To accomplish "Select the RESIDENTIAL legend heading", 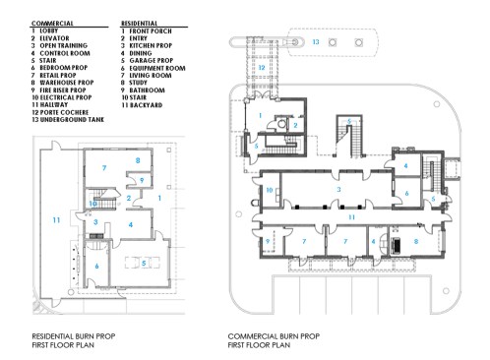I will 142,21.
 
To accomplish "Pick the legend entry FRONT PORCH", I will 150,28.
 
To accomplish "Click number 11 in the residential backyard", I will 56,218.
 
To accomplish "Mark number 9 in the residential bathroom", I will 141,181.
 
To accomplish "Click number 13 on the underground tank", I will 316,43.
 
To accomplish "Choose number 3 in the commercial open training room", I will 338,187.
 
